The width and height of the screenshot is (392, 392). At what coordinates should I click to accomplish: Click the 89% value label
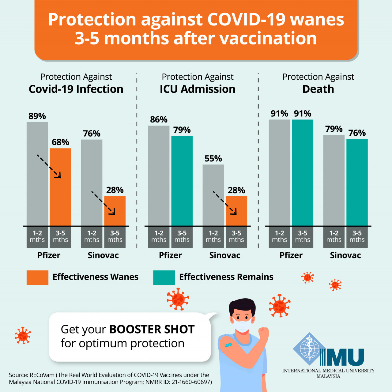point(37,116)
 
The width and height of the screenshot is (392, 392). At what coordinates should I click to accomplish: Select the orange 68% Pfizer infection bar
point(60,187)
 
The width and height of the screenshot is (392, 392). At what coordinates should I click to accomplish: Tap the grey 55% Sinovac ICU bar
point(213,195)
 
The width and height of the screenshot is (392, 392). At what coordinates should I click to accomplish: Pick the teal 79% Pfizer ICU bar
point(182,181)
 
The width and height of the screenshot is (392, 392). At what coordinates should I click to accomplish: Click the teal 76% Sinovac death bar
point(357,182)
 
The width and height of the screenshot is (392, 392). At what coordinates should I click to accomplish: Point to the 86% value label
point(159,120)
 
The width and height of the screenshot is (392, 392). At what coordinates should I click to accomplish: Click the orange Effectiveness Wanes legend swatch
point(37,277)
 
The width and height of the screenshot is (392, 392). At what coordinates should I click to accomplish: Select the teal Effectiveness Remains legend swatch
point(164,277)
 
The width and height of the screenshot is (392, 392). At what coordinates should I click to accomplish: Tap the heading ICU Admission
point(198,89)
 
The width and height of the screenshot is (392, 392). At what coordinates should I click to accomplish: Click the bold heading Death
point(318,89)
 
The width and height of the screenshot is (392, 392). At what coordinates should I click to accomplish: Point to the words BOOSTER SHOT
point(152,329)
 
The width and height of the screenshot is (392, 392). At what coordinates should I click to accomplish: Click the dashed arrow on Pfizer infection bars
point(49,166)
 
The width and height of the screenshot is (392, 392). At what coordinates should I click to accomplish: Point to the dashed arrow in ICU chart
point(225,203)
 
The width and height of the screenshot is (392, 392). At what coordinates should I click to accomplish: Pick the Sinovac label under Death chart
point(345,255)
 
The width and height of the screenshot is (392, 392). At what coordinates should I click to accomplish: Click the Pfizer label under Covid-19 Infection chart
point(49,255)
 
